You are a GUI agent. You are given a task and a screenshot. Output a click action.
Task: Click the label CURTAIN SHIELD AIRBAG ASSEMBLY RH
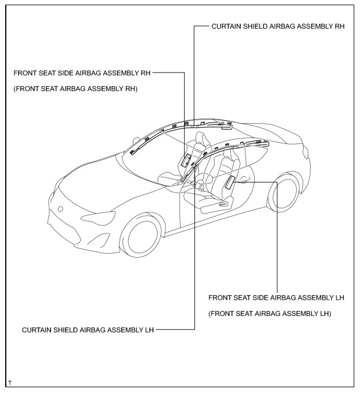278,26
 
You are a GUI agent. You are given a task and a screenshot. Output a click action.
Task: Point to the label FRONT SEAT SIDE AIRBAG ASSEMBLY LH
276,298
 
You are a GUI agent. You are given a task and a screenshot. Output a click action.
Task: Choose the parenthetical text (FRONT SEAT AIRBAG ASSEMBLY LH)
270,314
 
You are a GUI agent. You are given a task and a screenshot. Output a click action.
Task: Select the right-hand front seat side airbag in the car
187,160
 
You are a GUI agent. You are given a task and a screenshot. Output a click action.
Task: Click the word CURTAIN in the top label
227,26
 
